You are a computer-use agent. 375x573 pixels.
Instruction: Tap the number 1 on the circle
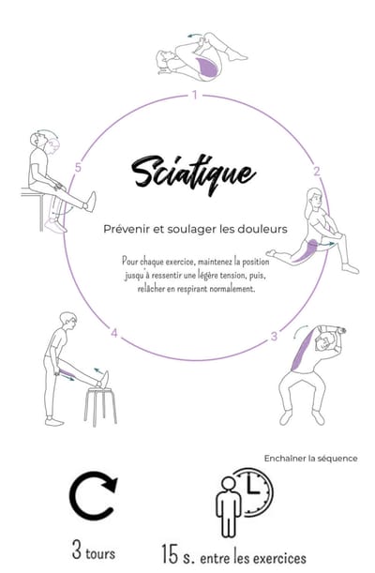coord(194,95)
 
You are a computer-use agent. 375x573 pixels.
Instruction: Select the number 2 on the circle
coord(316,171)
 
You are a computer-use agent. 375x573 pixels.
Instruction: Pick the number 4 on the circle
coord(113,333)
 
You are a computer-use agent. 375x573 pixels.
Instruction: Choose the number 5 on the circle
coord(79,169)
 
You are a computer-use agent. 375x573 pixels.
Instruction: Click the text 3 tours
coord(94,551)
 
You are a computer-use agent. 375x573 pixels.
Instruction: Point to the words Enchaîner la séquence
coord(310,458)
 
